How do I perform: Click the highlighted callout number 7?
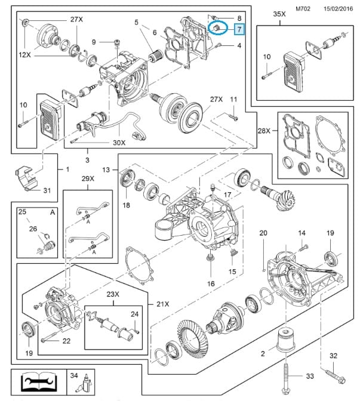239,29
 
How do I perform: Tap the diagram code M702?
303,8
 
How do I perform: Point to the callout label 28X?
264,131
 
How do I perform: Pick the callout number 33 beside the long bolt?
309,376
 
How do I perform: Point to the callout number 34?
75,376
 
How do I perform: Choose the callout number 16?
211,284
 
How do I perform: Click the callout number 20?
264,233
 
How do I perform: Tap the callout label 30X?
119,143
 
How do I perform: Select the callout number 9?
94,41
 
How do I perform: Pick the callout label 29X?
88,179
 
